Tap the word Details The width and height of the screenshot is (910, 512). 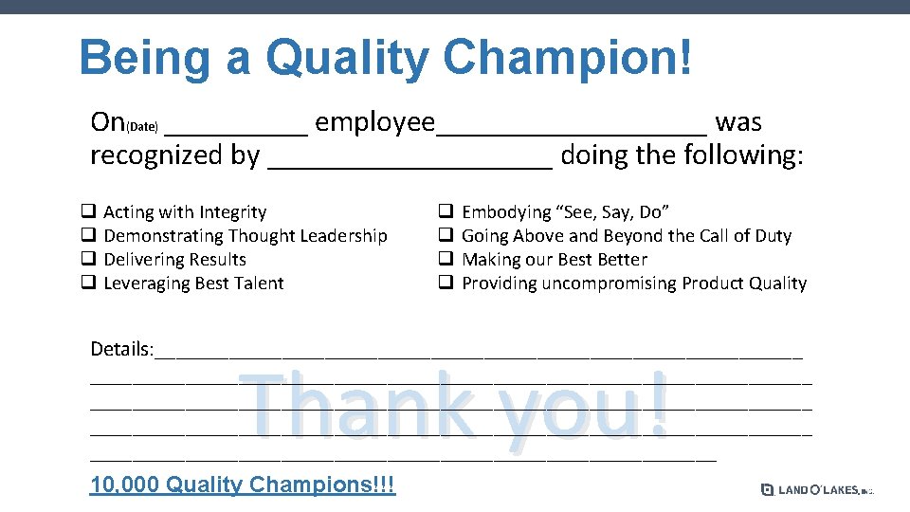click(x=120, y=349)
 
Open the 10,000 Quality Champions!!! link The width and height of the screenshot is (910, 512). click(x=243, y=485)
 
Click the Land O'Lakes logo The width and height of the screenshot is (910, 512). click(x=815, y=489)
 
